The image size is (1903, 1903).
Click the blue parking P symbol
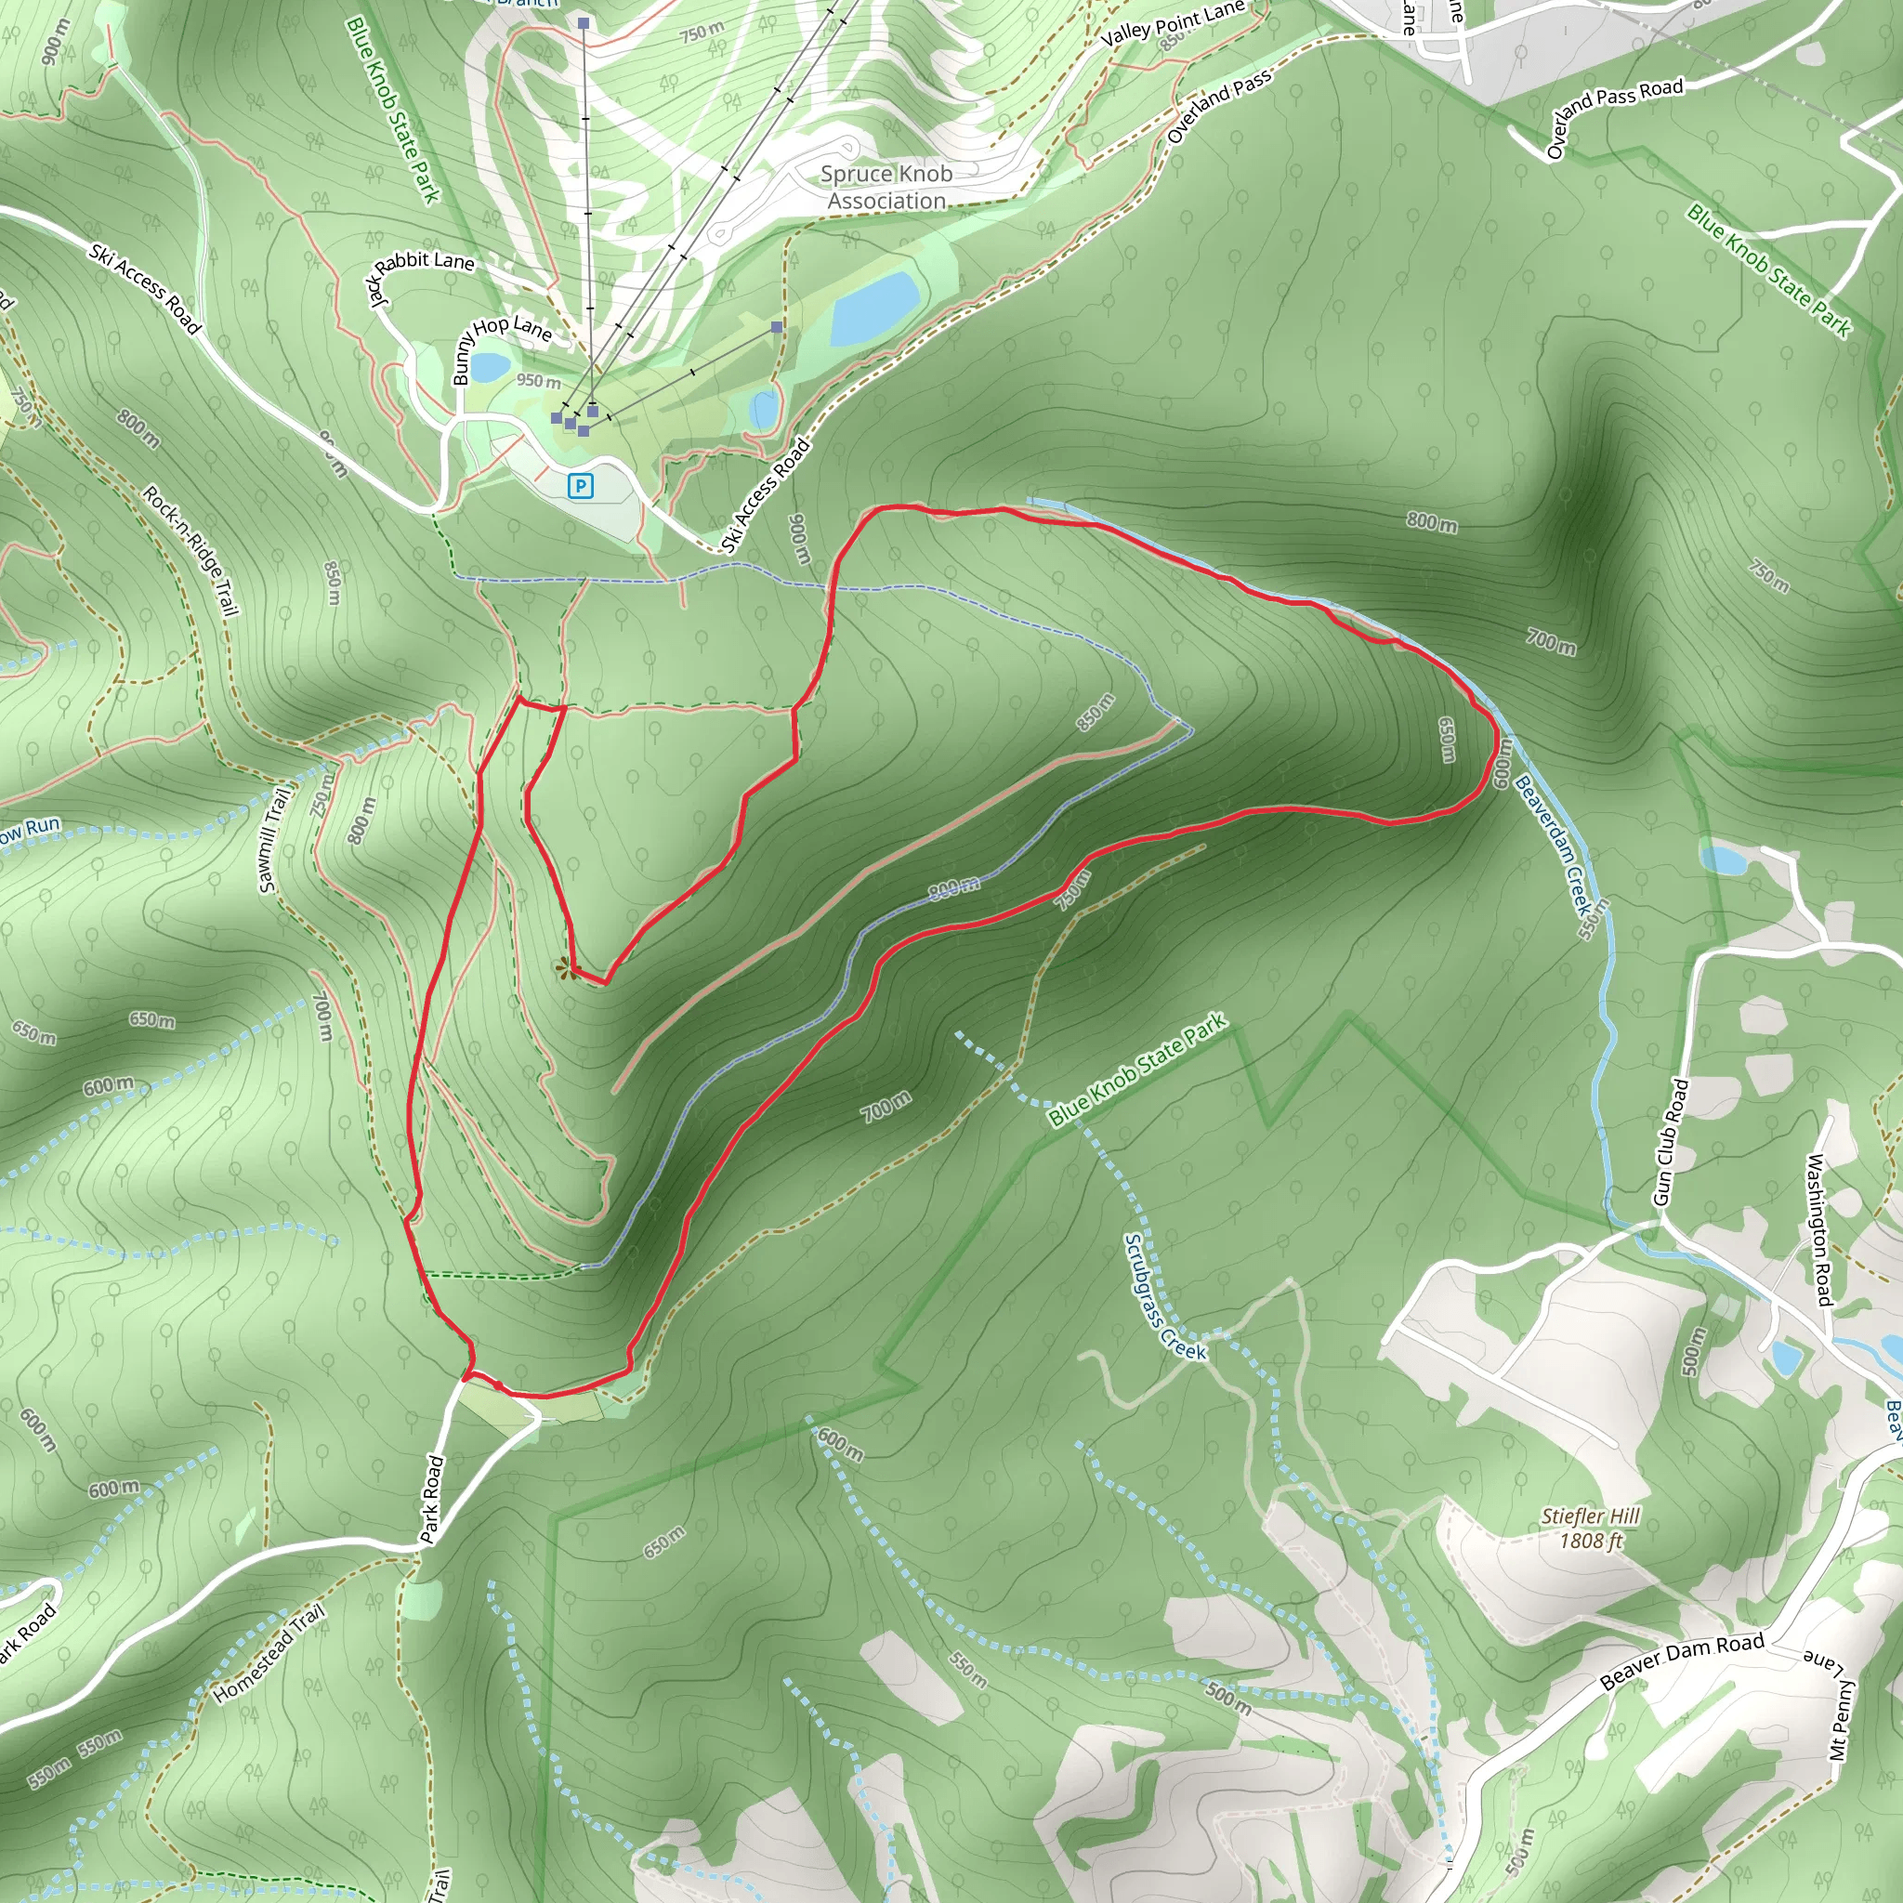click(x=581, y=486)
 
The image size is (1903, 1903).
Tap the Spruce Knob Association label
click(x=886, y=187)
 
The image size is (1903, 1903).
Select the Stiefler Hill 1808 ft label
click(x=1591, y=1528)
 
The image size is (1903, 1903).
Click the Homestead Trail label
click(x=269, y=1654)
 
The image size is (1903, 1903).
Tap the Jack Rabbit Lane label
click(x=419, y=274)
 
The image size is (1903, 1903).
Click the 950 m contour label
click(x=538, y=380)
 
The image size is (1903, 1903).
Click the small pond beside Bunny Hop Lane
click(x=490, y=367)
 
